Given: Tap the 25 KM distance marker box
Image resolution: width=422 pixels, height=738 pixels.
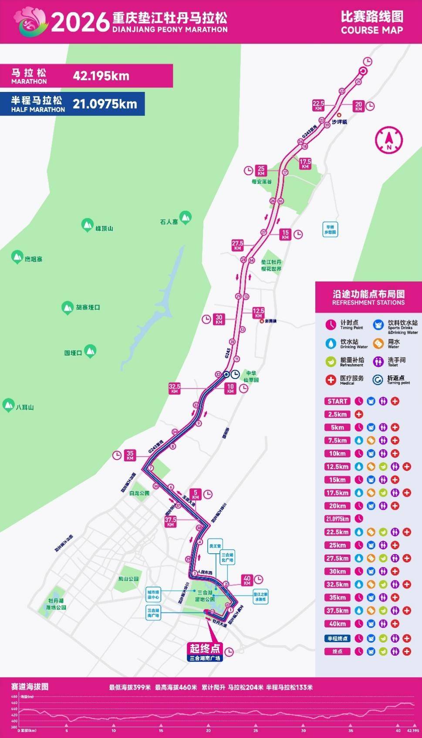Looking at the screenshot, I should tap(261, 170).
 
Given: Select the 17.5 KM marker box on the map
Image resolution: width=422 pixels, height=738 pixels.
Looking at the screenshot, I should tap(305, 164).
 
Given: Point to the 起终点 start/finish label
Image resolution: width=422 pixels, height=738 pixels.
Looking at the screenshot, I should tap(205, 648).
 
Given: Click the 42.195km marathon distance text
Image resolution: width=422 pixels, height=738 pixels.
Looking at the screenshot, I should tap(101, 76).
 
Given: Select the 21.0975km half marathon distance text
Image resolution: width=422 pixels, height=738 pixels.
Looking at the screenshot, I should tap(105, 104).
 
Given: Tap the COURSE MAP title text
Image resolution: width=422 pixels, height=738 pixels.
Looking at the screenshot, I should tap(372, 30).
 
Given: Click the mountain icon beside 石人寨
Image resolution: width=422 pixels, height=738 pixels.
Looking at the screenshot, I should tap(186, 217).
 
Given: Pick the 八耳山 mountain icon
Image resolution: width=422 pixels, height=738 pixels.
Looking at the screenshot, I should tap(8, 405).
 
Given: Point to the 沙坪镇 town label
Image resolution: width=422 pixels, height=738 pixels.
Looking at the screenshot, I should tap(339, 122).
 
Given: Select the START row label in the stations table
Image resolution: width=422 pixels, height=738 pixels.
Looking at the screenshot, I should tap(338, 401).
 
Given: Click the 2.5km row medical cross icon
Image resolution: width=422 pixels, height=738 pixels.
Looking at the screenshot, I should tap(359, 414).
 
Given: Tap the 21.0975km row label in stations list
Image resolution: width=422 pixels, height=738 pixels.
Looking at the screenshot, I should tap(338, 519).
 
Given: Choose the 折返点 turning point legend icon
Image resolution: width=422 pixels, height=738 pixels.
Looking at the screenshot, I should tap(378, 379).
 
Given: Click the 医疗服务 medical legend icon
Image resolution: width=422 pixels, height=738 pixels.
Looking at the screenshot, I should tap(331, 379).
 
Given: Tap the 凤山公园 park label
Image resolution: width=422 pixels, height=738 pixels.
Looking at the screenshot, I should tap(128, 579).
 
